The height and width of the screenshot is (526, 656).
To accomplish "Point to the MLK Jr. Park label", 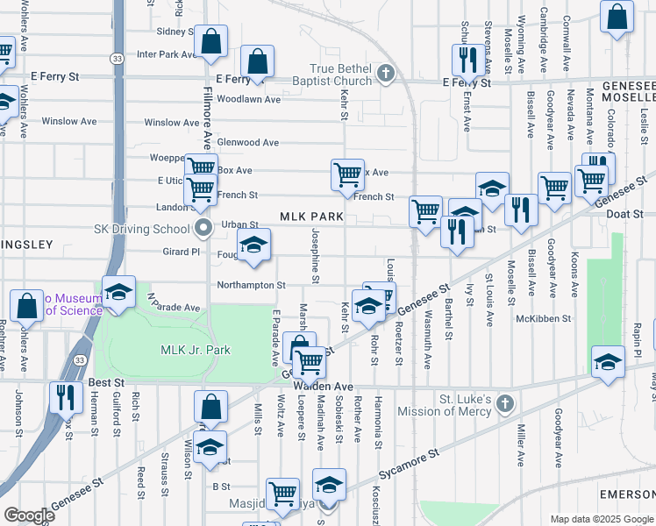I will pos(195,350).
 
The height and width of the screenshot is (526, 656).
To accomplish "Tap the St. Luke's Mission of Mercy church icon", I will pos(503,404).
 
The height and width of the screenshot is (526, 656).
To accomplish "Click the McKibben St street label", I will pos(543,318).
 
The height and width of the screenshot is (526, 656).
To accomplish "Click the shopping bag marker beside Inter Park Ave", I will pos(210,40).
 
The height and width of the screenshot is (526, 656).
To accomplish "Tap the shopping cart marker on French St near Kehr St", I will pos(347,174).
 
